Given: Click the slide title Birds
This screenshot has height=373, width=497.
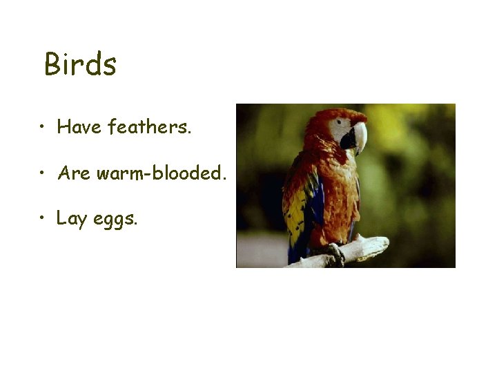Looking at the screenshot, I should [x=80, y=65].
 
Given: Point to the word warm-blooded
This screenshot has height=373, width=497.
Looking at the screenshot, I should [x=161, y=173].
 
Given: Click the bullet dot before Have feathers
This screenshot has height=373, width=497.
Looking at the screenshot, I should [x=43, y=128].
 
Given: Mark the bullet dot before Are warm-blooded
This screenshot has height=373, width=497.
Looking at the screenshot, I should [x=43, y=174].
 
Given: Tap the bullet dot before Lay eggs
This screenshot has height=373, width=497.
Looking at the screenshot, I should [x=43, y=220].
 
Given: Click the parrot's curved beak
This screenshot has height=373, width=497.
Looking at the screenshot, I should [x=358, y=137].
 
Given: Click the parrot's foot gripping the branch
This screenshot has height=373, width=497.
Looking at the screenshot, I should [x=336, y=252].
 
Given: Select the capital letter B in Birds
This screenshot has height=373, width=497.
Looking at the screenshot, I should [x=52, y=65].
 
